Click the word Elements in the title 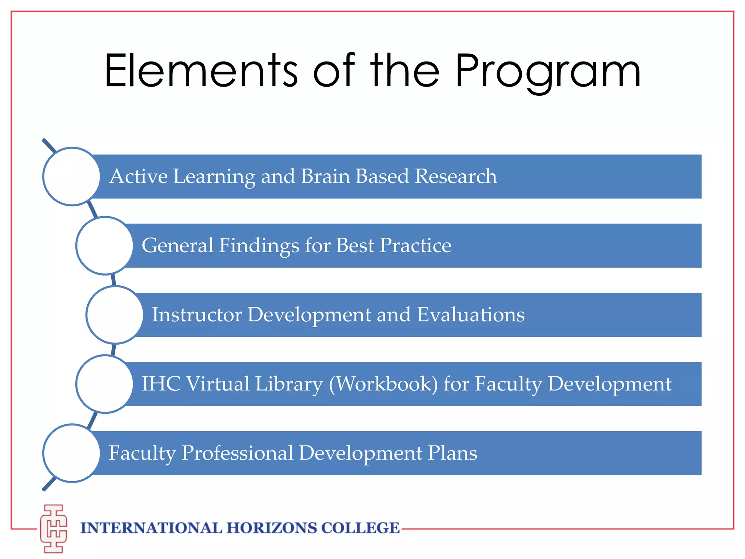(x=201, y=71)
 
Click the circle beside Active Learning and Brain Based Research (x=72, y=177)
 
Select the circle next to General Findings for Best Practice (x=105, y=246)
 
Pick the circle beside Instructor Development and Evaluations (x=115, y=315)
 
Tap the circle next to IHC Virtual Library (x=105, y=384)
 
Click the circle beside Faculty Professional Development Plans (x=72, y=453)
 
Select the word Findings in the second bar (x=259, y=246)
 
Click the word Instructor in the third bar (x=196, y=315)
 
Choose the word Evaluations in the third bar (x=471, y=315)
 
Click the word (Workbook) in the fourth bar (x=383, y=384)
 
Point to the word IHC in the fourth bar (x=160, y=384)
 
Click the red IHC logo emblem (x=53, y=528)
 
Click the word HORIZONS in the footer (x=271, y=528)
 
